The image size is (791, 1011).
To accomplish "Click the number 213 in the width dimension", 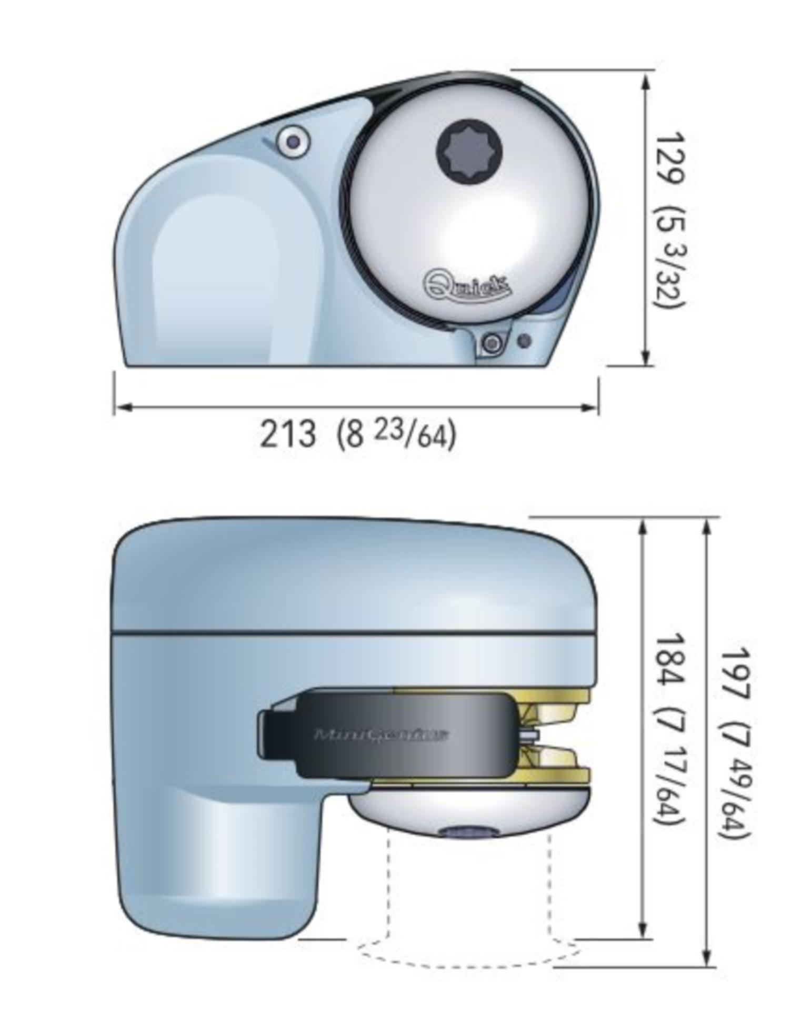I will click(x=288, y=434).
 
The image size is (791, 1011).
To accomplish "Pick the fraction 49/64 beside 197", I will click(x=735, y=801).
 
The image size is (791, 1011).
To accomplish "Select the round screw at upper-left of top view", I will click(x=293, y=141).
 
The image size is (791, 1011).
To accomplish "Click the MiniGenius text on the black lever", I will click(x=381, y=734).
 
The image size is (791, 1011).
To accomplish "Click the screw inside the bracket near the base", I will click(x=493, y=343).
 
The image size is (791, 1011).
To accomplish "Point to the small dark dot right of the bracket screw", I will click(x=524, y=341).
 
